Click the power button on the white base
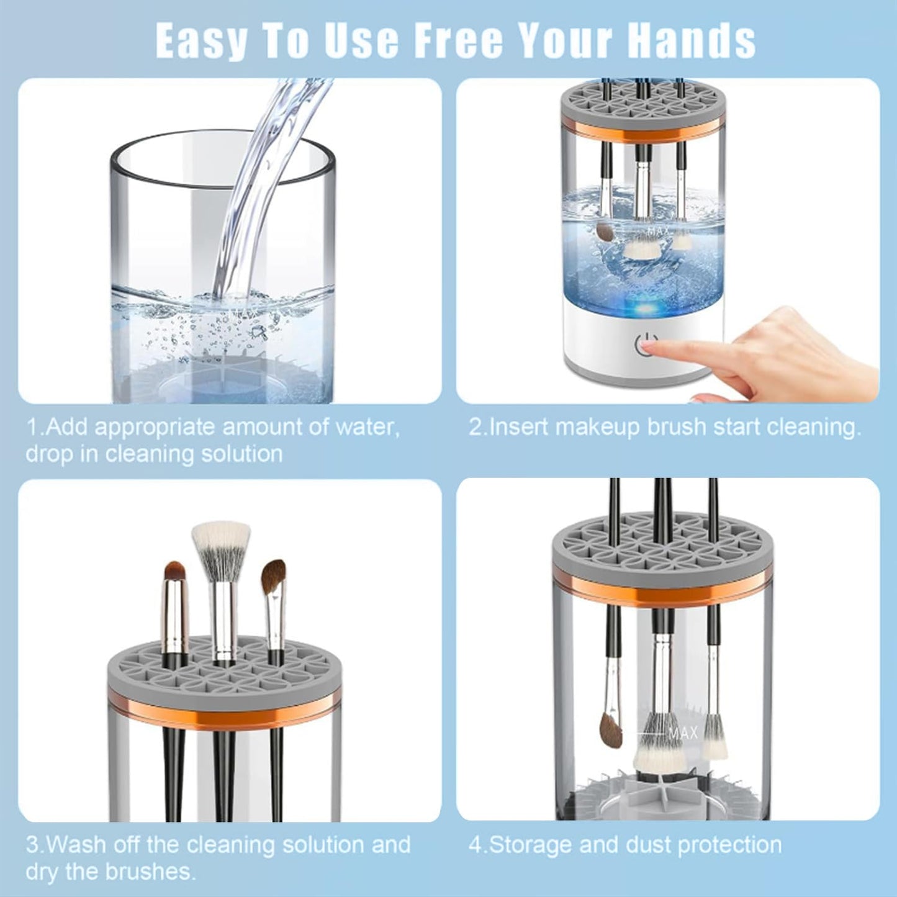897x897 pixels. tap(646, 345)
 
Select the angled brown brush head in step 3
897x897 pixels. tap(273, 575)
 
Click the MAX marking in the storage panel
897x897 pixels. tap(683, 733)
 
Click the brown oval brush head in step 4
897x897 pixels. tap(611, 729)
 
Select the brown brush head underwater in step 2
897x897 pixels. tap(603, 232)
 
